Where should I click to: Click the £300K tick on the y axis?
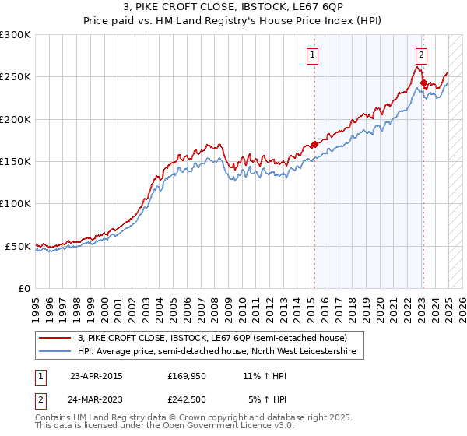(x=16, y=35)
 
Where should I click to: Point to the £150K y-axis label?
(x=16, y=162)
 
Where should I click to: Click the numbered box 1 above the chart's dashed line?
(x=312, y=54)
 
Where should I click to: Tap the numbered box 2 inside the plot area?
(x=420, y=54)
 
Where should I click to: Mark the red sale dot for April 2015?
(x=314, y=144)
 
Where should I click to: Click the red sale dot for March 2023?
(x=423, y=83)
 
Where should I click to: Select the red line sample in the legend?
(x=54, y=338)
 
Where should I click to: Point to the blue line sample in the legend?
(x=54, y=352)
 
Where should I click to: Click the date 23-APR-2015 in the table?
(x=97, y=376)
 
